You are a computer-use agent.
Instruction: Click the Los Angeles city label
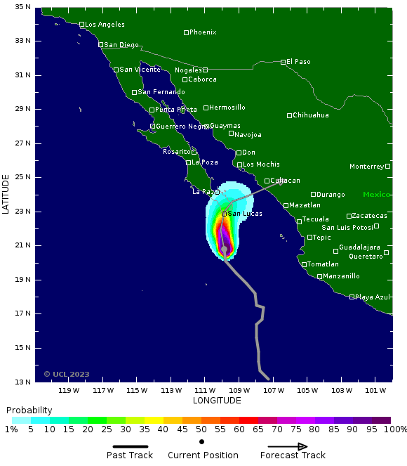click(105, 25)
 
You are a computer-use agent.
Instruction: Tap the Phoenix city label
click(203, 32)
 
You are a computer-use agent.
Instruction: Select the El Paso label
click(299, 62)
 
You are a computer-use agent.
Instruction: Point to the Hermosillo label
click(227, 108)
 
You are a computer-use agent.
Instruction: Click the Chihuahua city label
click(311, 115)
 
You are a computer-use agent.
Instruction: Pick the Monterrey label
click(367, 167)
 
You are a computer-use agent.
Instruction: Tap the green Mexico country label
click(376, 195)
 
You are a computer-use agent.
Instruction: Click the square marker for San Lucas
click(224, 214)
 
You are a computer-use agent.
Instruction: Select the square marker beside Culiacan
click(267, 181)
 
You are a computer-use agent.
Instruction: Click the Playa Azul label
click(372, 297)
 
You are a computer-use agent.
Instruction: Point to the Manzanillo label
click(342, 276)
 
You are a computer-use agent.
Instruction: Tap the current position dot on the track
click(224, 249)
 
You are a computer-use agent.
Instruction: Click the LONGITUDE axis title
click(217, 401)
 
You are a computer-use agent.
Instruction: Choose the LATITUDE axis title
click(6, 195)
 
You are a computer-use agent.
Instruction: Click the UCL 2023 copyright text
click(67, 374)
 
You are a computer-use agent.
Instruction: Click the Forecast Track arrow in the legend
click(288, 446)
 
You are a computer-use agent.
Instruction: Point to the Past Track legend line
click(130, 446)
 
